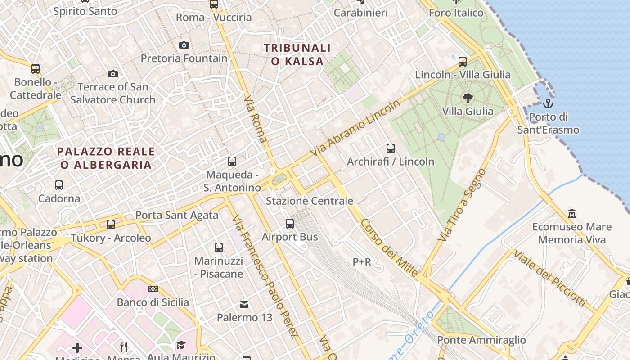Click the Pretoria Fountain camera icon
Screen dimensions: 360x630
[x=184, y=45]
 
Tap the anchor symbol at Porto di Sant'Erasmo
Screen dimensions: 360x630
[x=548, y=104]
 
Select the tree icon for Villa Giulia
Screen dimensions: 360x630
[x=468, y=98]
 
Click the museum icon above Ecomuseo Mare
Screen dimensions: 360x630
[x=571, y=213]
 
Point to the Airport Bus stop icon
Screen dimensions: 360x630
[x=290, y=223]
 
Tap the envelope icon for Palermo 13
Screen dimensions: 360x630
[x=244, y=305]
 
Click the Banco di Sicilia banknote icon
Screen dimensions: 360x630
[x=153, y=288]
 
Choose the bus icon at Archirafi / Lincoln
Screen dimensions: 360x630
[x=391, y=148]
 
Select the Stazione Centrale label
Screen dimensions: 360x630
[x=310, y=201]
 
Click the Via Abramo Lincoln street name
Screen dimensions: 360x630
[x=355, y=128]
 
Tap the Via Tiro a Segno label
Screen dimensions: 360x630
[x=463, y=205]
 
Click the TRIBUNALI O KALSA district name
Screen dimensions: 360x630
[x=297, y=54]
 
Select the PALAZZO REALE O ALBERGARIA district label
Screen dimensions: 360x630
[x=106, y=158]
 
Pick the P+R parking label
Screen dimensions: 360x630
[x=362, y=262]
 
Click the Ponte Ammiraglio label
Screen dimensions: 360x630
[x=481, y=340]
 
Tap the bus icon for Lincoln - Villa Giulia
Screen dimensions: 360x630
[x=463, y=61]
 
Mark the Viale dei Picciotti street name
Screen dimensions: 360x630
[x=550, y=278]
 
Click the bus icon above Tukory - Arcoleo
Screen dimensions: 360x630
[x=111, y=224]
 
